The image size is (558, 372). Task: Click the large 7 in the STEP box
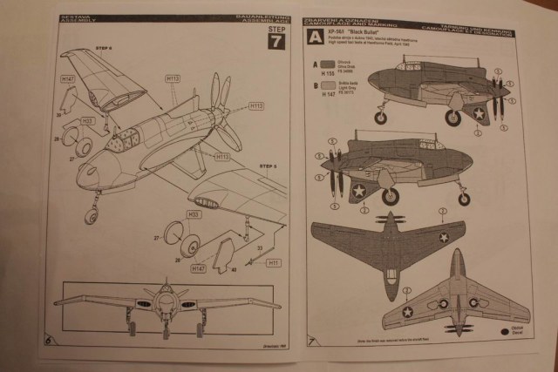pos(252,41)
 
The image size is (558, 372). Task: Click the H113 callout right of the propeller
pos(255,106)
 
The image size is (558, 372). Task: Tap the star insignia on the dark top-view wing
pos(443,236)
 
